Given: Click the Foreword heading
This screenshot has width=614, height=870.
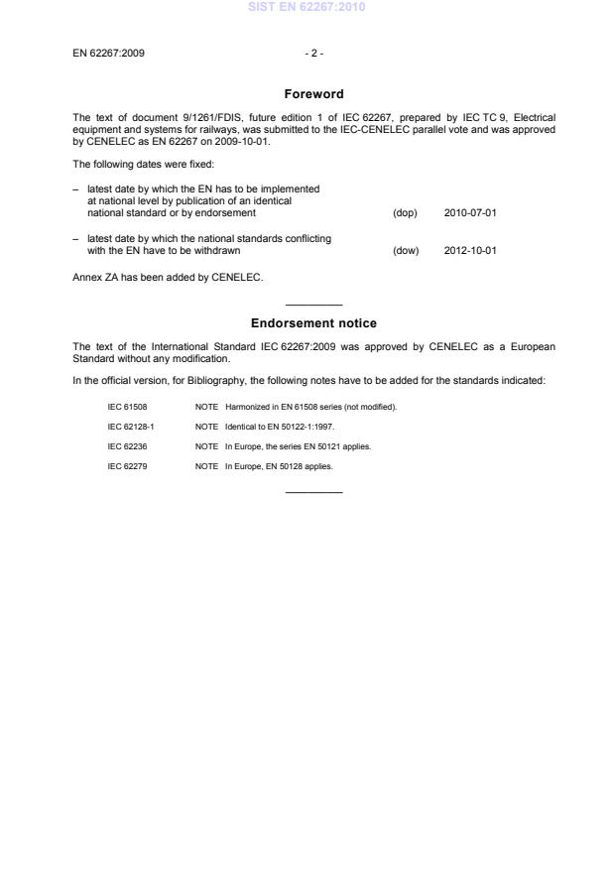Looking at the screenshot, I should [x=313, y=94].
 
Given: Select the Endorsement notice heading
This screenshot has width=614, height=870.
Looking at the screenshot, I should [x=313, y=323].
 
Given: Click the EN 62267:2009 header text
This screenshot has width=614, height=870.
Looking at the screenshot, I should [x=109, y=53].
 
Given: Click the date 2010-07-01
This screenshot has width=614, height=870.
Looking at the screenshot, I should [x=470, y=212].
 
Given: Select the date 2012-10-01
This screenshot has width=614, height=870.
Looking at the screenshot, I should [x=470, y=250].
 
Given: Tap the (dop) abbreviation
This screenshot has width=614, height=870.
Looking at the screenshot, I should [x=405, y=212].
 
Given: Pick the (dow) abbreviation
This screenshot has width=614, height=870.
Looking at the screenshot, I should [x=406, y=250].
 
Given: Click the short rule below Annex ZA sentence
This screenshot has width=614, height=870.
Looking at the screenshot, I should [x=313, y=304].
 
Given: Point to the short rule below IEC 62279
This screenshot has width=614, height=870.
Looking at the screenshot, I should [x=313, y=492].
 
